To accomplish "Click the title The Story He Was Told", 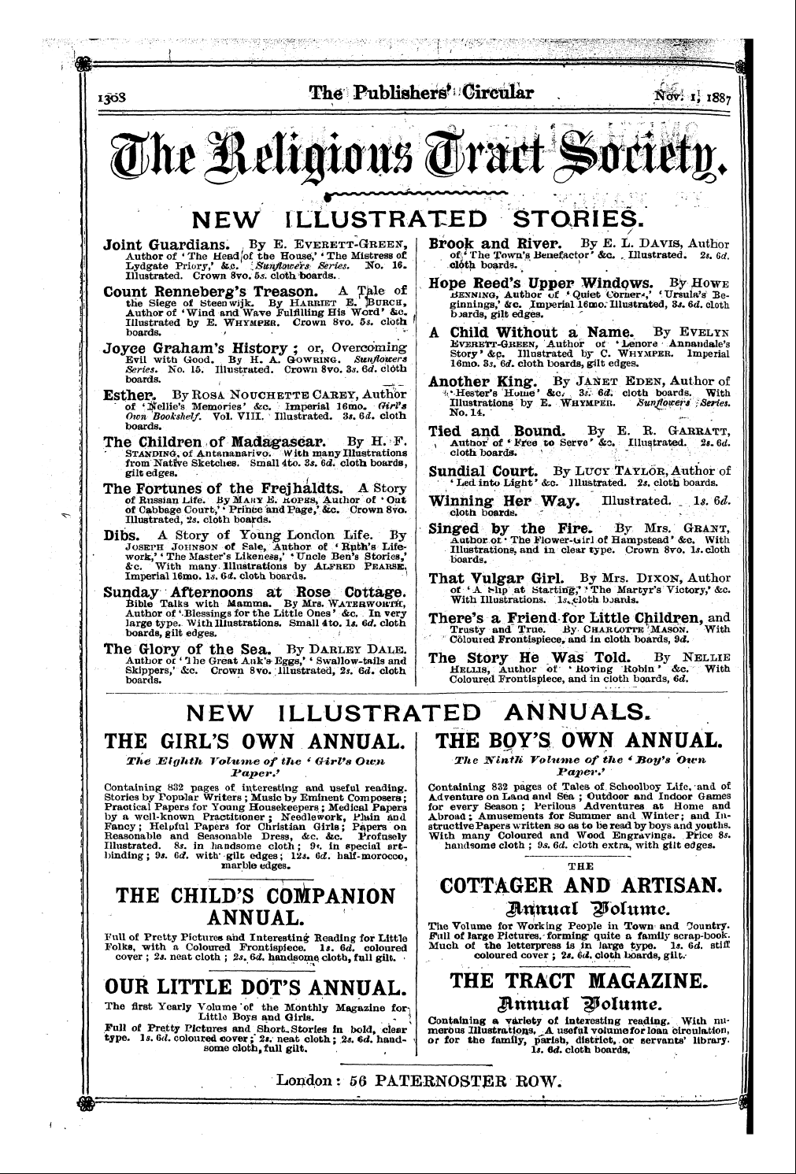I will tap(529, 657).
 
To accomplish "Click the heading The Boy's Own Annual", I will tap(577, 741).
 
